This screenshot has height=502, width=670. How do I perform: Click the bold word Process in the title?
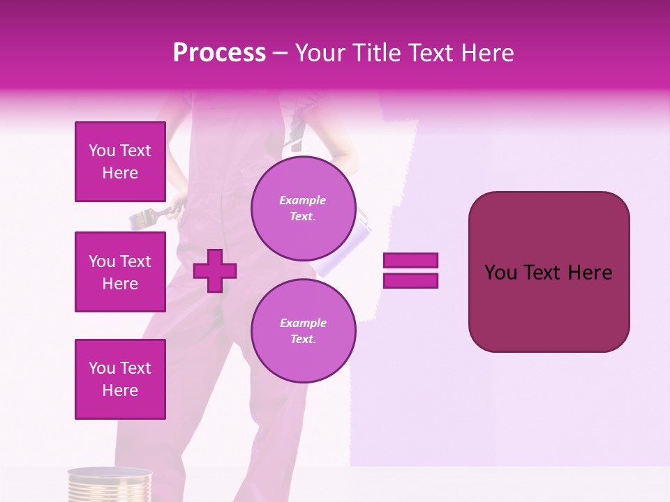click(219, 53)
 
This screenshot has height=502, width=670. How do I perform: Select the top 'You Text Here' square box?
click(120, 162)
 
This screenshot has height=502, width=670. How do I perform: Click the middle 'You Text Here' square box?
click(120, 272)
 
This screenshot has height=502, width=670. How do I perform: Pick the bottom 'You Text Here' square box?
click(120, 379)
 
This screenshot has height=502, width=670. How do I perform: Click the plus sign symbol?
click(215, 271)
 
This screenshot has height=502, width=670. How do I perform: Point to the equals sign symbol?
click(410, 271)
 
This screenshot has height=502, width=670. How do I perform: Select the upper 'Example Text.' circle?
click(303, 208)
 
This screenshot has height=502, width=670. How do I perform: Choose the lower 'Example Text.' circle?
click(303, 330)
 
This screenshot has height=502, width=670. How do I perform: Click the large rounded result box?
click(549, 272)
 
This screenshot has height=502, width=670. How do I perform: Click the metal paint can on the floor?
click(110, 485)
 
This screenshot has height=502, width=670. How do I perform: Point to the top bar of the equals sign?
click(410, 261)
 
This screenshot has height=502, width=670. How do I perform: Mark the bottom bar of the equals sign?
click(410, 280)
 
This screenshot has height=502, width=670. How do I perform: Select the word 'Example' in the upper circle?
click(303, 200)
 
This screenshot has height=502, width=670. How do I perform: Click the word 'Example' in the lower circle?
click(303, 323)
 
